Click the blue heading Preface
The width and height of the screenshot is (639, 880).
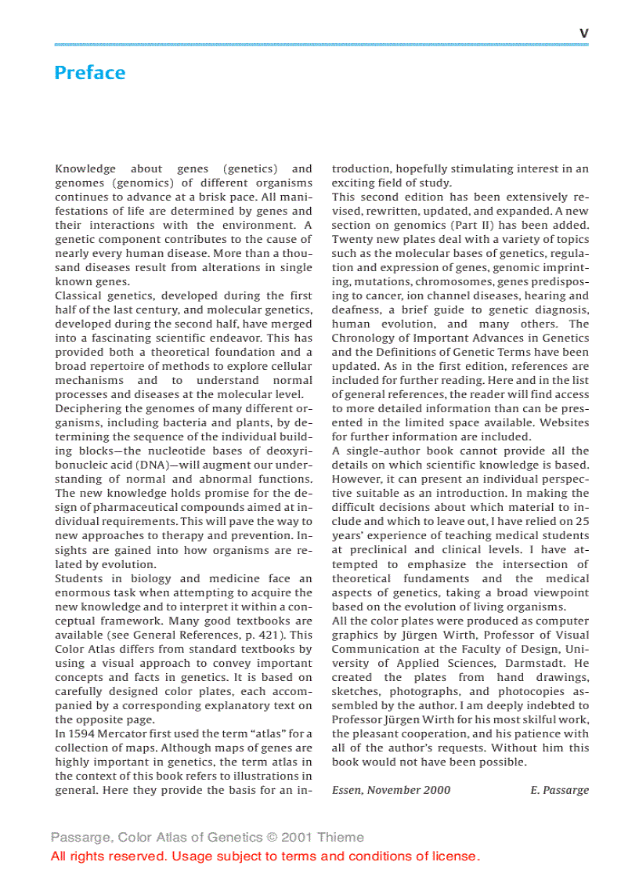(x=89, y=73)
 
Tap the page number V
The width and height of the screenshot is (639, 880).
(x=583, y=34)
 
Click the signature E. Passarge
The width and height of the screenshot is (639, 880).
(x=559, y=790)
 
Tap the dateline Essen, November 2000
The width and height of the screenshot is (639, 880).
(x=391, y=790)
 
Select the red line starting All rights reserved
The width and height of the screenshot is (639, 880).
(x=265, y=856)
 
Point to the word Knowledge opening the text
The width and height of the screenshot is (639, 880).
(x=85, y=168)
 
